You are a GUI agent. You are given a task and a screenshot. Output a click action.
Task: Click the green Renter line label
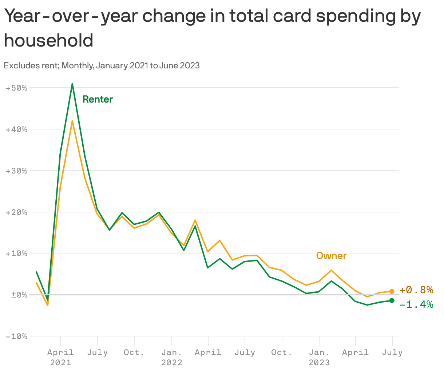[x=98, y=99]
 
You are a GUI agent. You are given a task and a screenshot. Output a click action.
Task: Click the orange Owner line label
[x=331, y=256]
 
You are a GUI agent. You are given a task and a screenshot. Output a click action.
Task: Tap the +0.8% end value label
[x=416, y=290]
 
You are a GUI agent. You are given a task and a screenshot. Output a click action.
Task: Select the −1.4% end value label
[x=416, y=304]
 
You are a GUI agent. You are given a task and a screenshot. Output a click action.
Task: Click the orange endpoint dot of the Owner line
[x=392, y=291]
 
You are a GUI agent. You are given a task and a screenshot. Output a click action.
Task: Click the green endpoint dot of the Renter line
[x=392, y=300]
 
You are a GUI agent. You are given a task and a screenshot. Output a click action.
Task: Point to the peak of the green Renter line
[x=72, y=84]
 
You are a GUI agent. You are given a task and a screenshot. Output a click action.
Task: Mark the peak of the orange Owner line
[x=72, y=121]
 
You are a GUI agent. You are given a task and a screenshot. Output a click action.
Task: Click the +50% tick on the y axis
[x=17, y=88]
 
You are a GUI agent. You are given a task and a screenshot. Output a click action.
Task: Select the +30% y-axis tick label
[x=17, y=171]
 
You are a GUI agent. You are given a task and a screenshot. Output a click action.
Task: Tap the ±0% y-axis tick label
[x=17, y=295]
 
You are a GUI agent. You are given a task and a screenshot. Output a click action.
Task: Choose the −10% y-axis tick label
[x=17, y=336]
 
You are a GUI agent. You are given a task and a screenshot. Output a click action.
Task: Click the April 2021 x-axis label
[x=60, y=357]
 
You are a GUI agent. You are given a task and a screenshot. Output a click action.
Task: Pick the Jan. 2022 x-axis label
[x=171, y=357]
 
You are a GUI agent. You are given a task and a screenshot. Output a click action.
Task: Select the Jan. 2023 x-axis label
[x=319, y=357]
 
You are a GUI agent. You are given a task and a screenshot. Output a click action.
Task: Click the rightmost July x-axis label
[x=392, y=352]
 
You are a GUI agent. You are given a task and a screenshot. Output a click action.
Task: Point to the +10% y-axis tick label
[x=17, y=254]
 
